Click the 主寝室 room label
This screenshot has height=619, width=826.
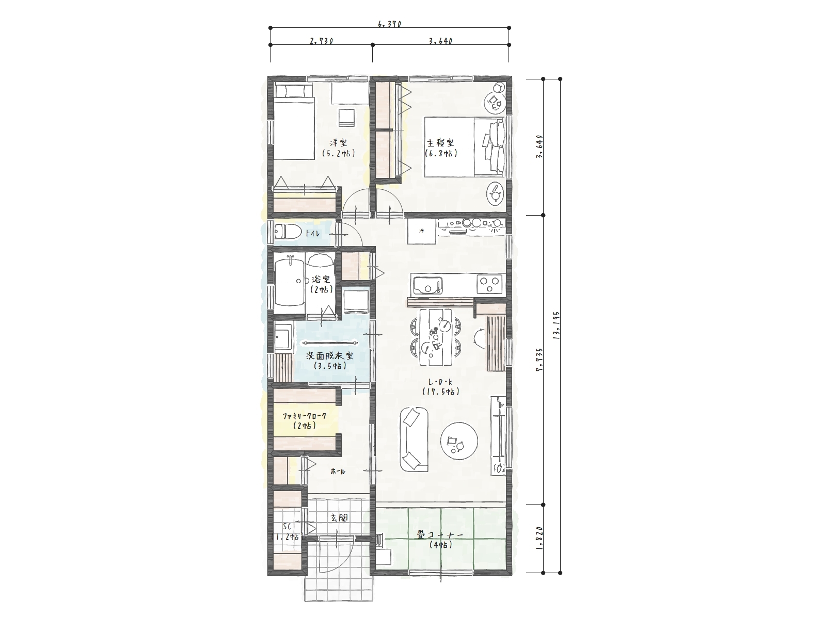tap(441, 143)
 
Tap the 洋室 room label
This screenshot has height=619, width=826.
tap(338, 143)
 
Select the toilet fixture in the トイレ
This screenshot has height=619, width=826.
tap(287, 232)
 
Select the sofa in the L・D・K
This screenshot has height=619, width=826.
tap(414, 439)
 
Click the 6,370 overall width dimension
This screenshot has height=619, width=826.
tap(389, 24)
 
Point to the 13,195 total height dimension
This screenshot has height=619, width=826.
tap(557, 325)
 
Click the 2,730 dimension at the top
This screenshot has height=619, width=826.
tap(322, 41)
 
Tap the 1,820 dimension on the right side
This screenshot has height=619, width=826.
tap(539, 539)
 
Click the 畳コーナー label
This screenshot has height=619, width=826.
tap(440, 535)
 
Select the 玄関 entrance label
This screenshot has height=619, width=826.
tap(339, 517)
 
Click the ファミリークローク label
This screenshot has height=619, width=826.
tap(305, 416)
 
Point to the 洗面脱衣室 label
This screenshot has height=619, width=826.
tap(330, 355)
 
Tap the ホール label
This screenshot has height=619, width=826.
tap(338, 471)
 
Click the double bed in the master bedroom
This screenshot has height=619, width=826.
tap(464, 147)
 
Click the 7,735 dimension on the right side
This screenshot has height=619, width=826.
tap(539, 360)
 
